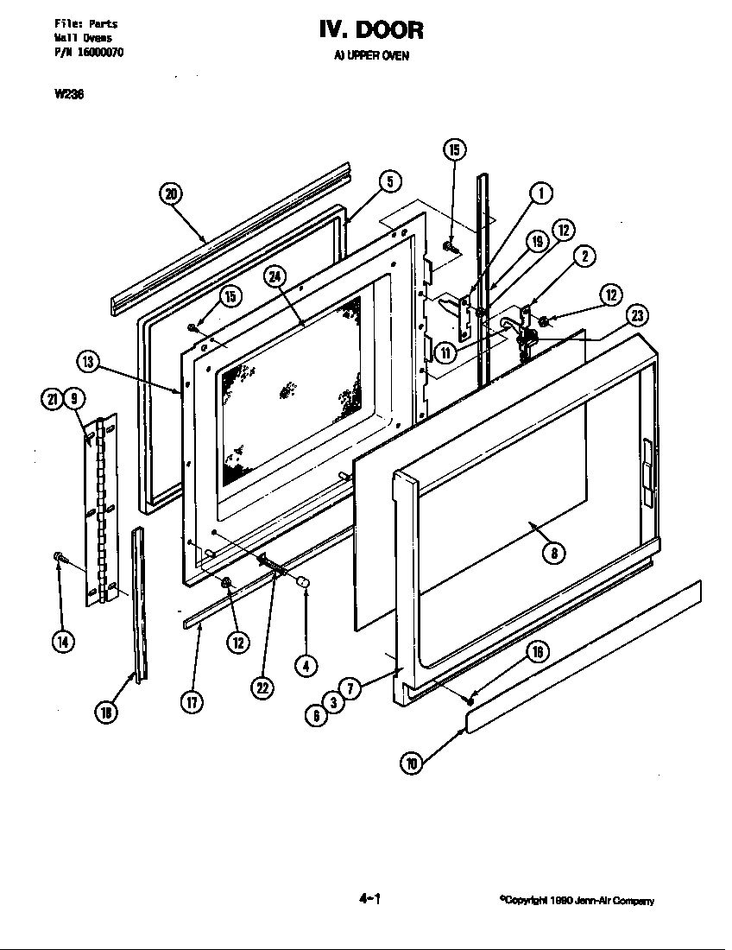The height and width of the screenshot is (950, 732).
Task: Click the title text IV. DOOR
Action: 371,30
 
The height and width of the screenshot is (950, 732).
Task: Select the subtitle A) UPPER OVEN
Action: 371,56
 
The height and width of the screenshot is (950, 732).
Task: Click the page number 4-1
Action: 369,898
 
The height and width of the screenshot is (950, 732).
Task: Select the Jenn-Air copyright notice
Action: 577,901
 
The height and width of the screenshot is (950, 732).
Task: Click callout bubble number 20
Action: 171,193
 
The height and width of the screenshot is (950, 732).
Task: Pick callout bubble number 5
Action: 389,181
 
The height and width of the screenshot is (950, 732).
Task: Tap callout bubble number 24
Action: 274,277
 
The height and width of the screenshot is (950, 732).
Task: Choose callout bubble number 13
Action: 88,361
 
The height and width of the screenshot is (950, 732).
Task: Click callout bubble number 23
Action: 637,315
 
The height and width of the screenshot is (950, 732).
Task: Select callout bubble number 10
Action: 413,762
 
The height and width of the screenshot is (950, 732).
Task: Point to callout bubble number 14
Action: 63,641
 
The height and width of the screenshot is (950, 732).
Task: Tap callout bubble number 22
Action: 262,687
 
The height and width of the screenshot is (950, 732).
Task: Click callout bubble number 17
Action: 192,700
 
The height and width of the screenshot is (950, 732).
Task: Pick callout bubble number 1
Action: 540,193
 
